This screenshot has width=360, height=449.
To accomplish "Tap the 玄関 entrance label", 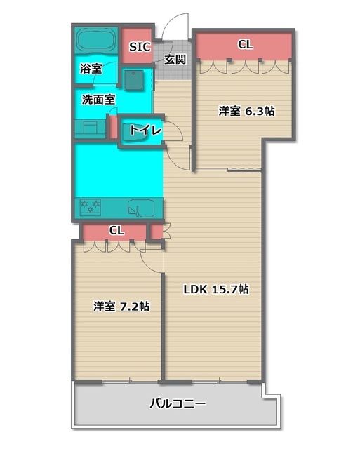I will click(x=175, y=60).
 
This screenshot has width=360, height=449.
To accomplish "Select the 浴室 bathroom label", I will click(x=91, y=69).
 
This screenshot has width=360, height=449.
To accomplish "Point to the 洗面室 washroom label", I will click(x=98, y=100).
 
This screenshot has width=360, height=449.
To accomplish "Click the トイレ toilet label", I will click(x=145, y=130).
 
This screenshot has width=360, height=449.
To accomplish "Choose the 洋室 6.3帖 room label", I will click(x=246, y=111).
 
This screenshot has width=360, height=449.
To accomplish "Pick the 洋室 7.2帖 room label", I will click(x=121, y=307).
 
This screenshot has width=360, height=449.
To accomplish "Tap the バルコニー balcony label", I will click(x=178, y=404).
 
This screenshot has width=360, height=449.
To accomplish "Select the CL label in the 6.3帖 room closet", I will click(x=245, y=45).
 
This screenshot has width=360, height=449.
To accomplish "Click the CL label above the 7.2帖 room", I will click(x=116, y=230).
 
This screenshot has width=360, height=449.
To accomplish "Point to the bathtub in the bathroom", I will click(x=95, y=40).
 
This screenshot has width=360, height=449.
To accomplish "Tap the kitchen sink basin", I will click(x=142, y=208).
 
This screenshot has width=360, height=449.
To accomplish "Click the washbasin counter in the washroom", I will click(x=89, y=128).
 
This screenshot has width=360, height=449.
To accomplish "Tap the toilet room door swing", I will click(x=175, y=133).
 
